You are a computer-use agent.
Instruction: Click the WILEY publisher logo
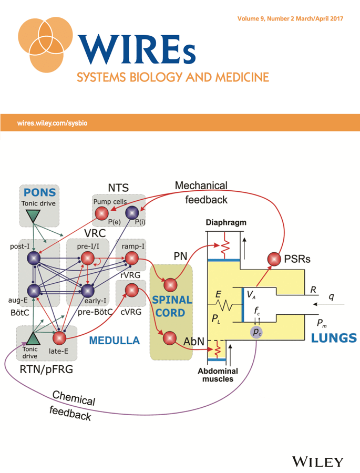click(x=318, y=462)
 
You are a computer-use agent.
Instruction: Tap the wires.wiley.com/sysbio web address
click(x=52, y=123)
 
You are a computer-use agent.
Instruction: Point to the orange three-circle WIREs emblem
click(x=45, y=45)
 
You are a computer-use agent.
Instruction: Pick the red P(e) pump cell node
click(x=101, y=213)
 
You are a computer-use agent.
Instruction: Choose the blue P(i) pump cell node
click(x=132, y=213)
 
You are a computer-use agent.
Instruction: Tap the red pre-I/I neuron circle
click(x=88, y=259)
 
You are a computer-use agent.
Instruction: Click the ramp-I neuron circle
click(x=131, y=258)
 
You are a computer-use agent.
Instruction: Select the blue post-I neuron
click(x=34, y=258)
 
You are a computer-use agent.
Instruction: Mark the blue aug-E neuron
click(x=34, y=291)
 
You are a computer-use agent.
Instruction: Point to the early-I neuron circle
click(x=88, y=291)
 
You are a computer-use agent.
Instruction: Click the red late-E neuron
click(x=59, y=338)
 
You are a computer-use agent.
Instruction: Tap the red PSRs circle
click(x=274, y=259)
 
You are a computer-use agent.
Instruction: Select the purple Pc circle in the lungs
click(x=256, y=332)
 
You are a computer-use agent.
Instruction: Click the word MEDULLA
click(x=115, y=341)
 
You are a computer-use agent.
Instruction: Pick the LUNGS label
click(x=334, y=338)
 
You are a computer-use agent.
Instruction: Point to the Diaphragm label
click(x=226, y=223)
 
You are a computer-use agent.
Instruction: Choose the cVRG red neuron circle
click(x=131, y=290)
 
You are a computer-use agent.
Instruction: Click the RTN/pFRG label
click(x=46, y=369)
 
